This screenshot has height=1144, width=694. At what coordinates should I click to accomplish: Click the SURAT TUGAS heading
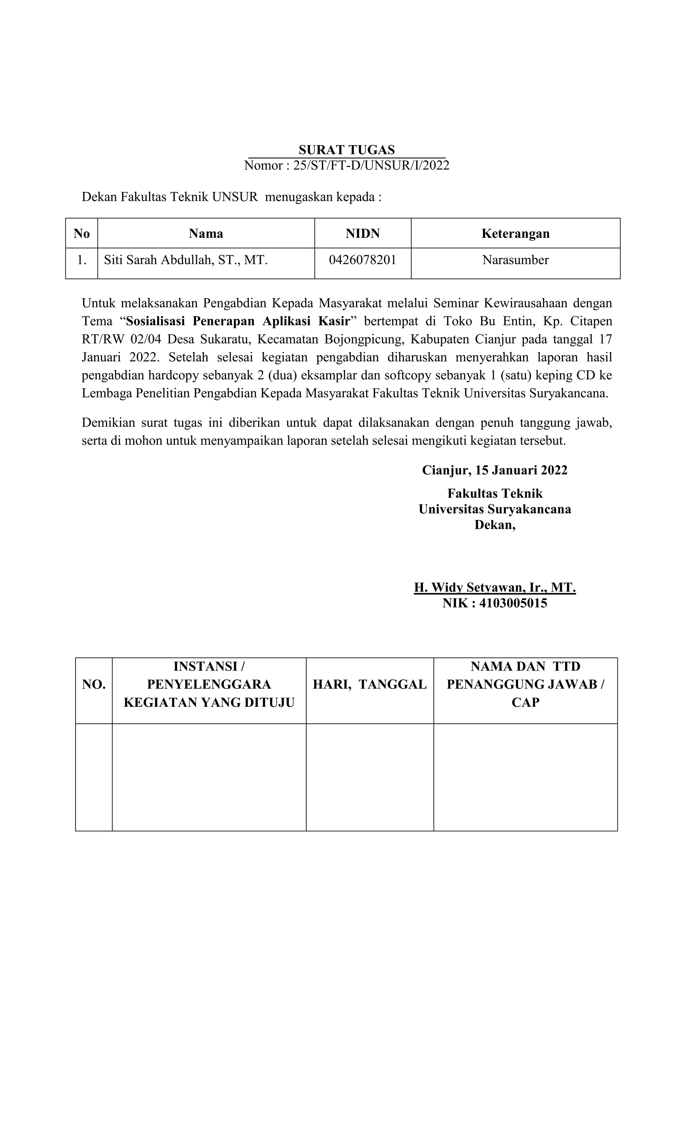tap(347, 150)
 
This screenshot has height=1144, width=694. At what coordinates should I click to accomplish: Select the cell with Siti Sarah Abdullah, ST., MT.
tap(186, 260)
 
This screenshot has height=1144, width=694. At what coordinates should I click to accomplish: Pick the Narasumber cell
tap(515, 260)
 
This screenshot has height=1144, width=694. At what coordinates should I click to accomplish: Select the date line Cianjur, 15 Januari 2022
tap(494, 470)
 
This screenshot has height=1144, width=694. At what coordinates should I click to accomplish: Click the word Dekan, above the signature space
tap(494, 525)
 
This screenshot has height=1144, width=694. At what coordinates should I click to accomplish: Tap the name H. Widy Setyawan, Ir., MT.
tap(494, 588)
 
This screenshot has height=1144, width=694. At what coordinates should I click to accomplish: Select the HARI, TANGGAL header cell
tap(369, 684)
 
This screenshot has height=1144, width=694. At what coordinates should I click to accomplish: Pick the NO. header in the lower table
tap(94, 684)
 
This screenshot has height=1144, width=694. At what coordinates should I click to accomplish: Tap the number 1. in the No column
tap(82, 260)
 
